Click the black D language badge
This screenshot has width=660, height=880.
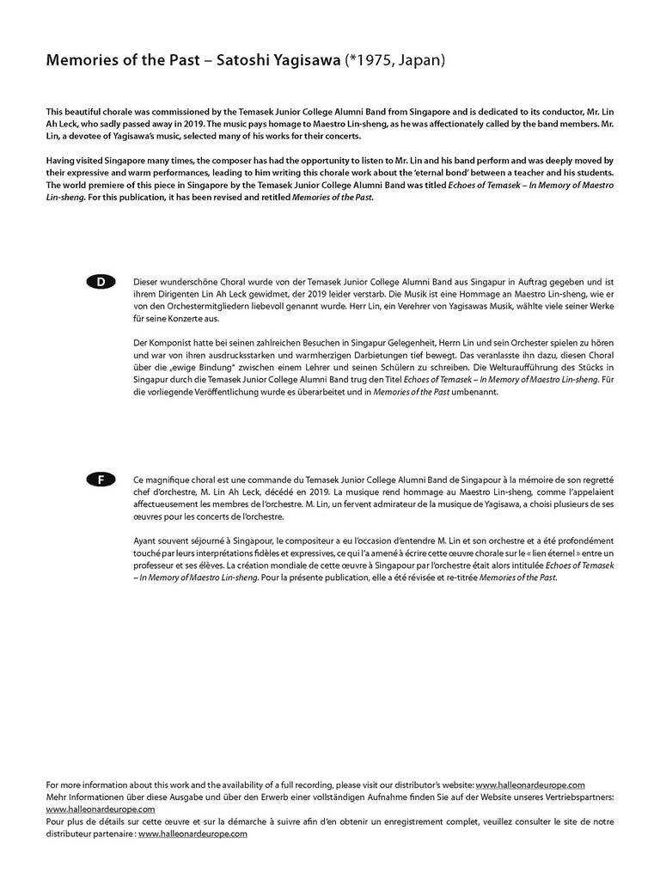[101, 282]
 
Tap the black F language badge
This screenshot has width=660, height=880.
[101, 480]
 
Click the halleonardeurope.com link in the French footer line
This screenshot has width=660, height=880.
[192, 834]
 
